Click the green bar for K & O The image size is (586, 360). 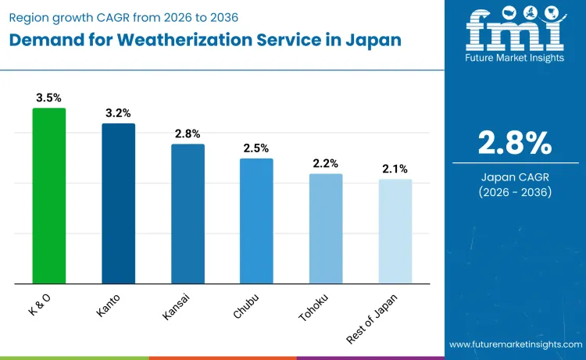[x=48, y=195]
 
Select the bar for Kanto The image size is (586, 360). [x=118, y=203]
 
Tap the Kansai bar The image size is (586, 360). [x=188, y=213]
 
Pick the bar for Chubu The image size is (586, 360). [x=256, y=220]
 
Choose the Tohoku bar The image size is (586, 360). [x=326, y=228]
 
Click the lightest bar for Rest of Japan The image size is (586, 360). [x=395, y=231]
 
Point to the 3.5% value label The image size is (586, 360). [x=48, y=98]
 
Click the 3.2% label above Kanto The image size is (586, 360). [x=118, y=113]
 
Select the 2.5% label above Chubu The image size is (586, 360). [x=256, y=148]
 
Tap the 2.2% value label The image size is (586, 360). [x=326, y=163]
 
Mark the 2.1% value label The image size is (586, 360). [x=395, y=169]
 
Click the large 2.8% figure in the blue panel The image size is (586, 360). [x=515, y=143]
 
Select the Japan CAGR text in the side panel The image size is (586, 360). [x=515, y=177]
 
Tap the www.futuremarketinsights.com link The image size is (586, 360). [x=515, y=344]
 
